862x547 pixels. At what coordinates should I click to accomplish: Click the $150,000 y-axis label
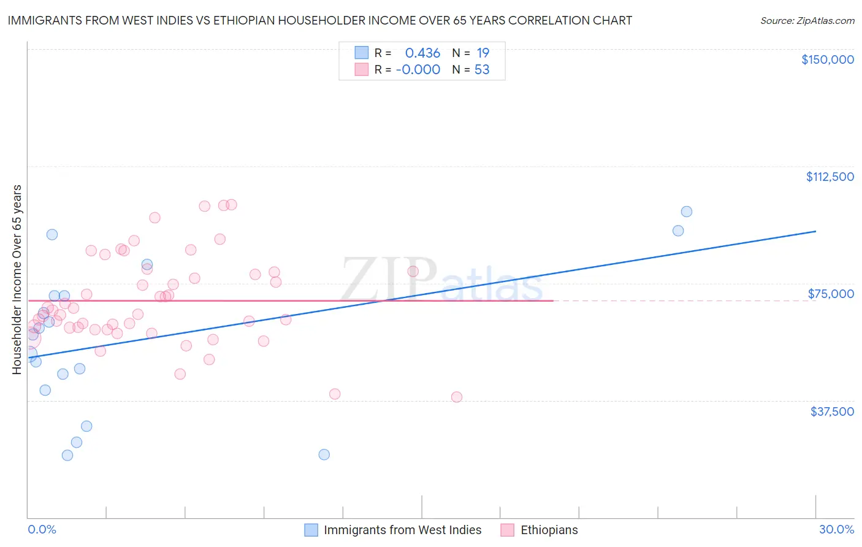click(827, 59)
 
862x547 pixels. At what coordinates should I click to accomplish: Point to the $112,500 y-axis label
click(830, 177)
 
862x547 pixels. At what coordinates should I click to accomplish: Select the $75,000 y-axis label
click(831, 294)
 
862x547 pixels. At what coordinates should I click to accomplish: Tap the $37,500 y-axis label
click(832, 411)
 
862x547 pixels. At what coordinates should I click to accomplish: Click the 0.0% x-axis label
click(42, 529)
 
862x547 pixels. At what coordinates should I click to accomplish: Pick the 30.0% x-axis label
click(836, 529)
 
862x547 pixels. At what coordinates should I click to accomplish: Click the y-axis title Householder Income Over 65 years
click(17, 279)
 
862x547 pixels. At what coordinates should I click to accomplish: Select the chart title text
click(319, 20)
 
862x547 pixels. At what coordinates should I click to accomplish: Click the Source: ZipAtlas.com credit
click(807, 21)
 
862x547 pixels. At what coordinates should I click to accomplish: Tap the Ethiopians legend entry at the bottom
click(549, 530)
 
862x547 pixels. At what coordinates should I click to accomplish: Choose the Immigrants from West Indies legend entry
click(402, 530)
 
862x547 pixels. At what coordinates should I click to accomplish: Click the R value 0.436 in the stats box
click(422, 53)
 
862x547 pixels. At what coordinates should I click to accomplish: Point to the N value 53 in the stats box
click(482, 70)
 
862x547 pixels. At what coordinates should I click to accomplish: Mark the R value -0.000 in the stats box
click(418, 70)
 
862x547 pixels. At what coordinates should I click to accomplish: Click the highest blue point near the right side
click(687, 212)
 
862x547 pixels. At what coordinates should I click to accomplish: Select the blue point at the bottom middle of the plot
click(324, 454)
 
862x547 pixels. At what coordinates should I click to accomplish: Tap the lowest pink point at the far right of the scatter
click(457, 397)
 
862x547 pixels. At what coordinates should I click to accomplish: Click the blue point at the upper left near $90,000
click(52, 234)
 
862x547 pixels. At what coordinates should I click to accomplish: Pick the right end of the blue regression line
click(815, 231)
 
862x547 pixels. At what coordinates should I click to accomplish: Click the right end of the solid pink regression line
click(553, 300)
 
